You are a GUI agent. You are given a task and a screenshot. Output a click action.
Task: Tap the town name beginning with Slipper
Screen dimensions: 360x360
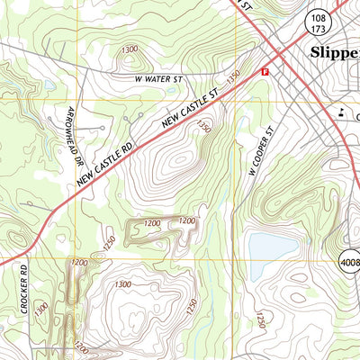334,52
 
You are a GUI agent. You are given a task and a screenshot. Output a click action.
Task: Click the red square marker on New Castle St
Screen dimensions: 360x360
265,71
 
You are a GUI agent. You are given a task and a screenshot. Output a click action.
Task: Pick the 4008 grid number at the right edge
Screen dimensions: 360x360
349,262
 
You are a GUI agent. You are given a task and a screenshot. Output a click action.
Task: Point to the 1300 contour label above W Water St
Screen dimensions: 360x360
129,49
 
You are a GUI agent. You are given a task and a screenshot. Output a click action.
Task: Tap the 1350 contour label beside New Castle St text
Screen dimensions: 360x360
235,80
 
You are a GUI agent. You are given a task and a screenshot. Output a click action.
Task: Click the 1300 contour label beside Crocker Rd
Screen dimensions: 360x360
41,308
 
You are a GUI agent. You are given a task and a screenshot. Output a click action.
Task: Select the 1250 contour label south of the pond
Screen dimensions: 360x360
262,320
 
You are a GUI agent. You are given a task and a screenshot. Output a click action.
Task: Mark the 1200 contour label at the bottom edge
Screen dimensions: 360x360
82,346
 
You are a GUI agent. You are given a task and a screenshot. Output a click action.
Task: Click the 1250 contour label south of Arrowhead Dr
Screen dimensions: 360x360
109,242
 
